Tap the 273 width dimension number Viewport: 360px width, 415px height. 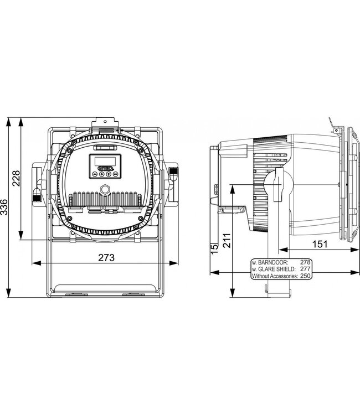(106, 257)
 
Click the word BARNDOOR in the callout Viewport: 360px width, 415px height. (272, 261)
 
